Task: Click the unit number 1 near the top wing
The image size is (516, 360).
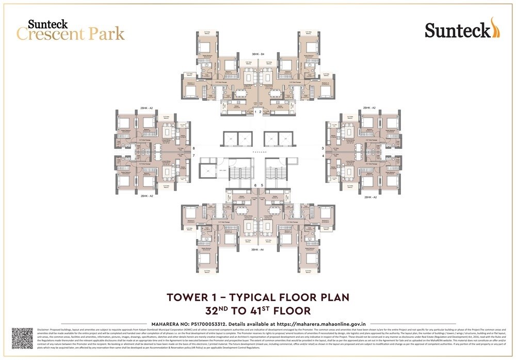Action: click(255, 112)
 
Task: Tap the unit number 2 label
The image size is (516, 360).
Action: click(261, 112)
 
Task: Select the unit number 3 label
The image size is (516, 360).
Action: click(323, 148)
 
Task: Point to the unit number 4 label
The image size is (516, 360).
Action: click(323, 155)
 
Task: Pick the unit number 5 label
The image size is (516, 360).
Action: click(262, 185)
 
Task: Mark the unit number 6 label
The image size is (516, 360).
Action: click(255, 185)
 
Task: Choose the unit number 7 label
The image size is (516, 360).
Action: click(193, 155)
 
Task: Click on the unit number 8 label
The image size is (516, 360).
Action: click(193, 148)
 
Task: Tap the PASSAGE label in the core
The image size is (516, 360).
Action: click(258, 152)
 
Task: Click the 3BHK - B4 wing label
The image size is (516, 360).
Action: click(258, 54)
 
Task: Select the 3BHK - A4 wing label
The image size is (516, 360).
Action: click(258, 249)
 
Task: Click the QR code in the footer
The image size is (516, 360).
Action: click(23, 339)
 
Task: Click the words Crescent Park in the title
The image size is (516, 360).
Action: click(71, 35)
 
